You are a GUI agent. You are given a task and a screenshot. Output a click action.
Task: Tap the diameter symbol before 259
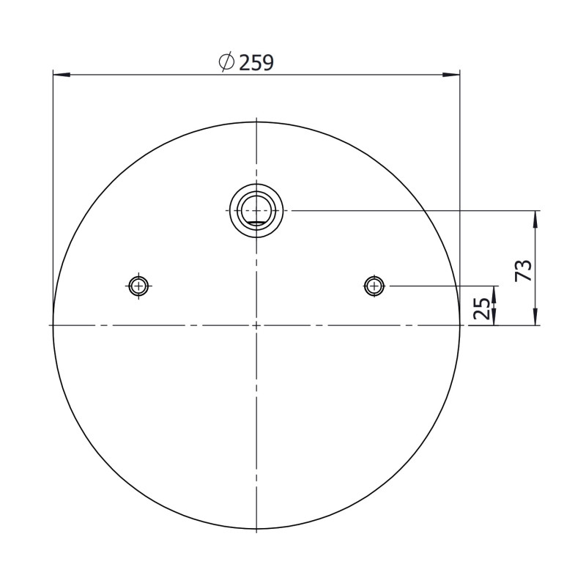tap(226, 62)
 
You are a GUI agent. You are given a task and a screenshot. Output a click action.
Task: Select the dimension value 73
tap(524, 270)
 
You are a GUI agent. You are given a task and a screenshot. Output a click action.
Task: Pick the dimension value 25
tap(482, 308)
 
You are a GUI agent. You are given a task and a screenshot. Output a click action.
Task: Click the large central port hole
tap(256, 211)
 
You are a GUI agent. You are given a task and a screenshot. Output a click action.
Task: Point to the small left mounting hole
tap(138, 286)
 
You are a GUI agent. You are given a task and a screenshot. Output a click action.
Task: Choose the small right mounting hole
tap(374, 286)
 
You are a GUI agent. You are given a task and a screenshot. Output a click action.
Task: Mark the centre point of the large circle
tap(256, 325)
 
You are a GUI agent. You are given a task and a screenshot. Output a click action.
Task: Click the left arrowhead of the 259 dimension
tap(62, 75)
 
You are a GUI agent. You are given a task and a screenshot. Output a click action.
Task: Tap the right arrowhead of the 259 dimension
tap(451, 75)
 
